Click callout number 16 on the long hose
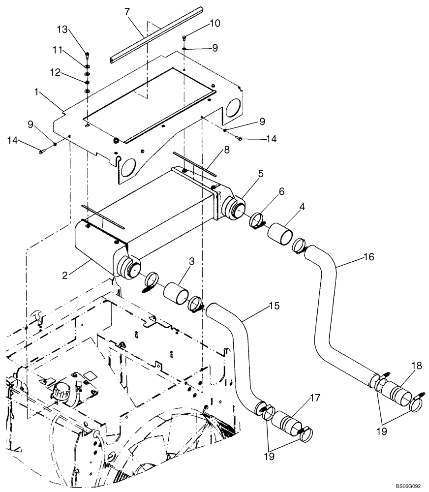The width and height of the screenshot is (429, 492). pyautogui.click(x=369, y=257)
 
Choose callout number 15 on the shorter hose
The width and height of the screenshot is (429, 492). pyautogui.click(x=274, y=306)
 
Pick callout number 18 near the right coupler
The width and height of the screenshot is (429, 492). pyautogui.click(x=417, y=366)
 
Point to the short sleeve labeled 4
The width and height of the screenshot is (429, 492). pyautogui.click(x=279, y=232)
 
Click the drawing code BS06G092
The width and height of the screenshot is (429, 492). pyautogui.click(x=408, y=486)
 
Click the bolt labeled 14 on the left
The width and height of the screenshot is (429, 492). pyautogui.click(x=42, y=152)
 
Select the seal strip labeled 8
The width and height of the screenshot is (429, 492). pyautogui.click(x=196, y=165)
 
